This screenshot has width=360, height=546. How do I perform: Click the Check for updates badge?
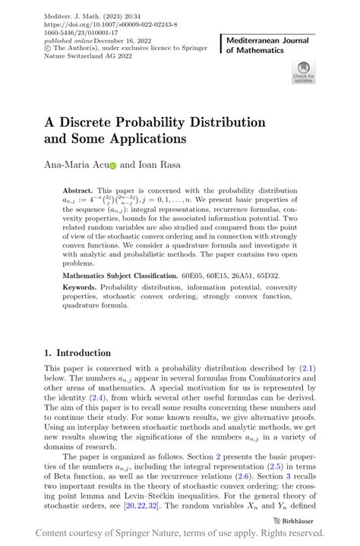click(x=303, y=73)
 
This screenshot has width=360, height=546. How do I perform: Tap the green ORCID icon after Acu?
click(x=112, y=165)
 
